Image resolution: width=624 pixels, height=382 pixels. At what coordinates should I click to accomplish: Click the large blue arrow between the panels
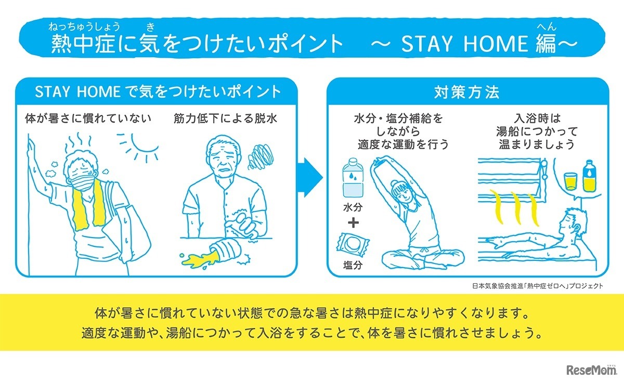coord(310,178)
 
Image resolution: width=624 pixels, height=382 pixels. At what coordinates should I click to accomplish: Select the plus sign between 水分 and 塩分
coord(353,224)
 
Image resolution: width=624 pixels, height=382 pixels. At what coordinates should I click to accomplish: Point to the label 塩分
coord(353,266)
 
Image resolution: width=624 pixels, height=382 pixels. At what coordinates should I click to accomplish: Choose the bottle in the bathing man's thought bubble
coord(589,177)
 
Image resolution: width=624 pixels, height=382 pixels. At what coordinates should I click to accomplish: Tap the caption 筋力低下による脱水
coord(225,118)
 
